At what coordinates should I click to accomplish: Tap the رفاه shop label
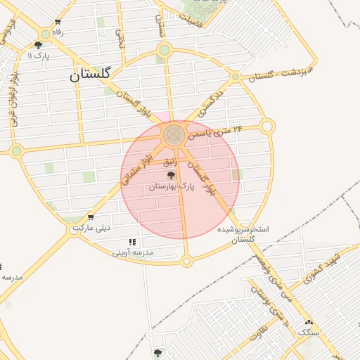tap(58, 32)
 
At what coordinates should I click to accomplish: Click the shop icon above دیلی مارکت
tap(90, 217)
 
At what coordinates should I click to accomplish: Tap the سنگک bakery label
tap(308, 331)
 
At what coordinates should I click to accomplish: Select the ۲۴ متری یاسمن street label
tap(219, 131)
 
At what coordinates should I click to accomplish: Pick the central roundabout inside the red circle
tap(173, 135)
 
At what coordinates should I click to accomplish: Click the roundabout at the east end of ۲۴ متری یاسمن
tap(267, 127)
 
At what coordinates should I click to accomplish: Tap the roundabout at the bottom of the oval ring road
tap(186, 262)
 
